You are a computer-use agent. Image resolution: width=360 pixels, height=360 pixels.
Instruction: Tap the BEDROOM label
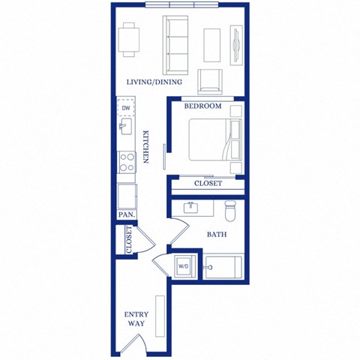(204, 106)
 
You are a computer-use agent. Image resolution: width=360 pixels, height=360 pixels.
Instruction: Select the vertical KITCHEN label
(146, 147)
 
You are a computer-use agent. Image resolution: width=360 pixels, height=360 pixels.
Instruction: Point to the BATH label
(217, 235)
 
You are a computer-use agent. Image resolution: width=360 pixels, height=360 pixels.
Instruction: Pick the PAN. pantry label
(126, 214)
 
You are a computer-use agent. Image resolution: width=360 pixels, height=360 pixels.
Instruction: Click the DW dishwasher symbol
(126, 108)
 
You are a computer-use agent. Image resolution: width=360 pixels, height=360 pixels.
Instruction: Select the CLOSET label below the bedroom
(208, 183)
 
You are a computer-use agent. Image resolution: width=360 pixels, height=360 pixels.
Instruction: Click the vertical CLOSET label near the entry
(129, 240)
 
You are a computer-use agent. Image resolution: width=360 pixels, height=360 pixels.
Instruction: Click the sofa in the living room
(178, 44)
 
